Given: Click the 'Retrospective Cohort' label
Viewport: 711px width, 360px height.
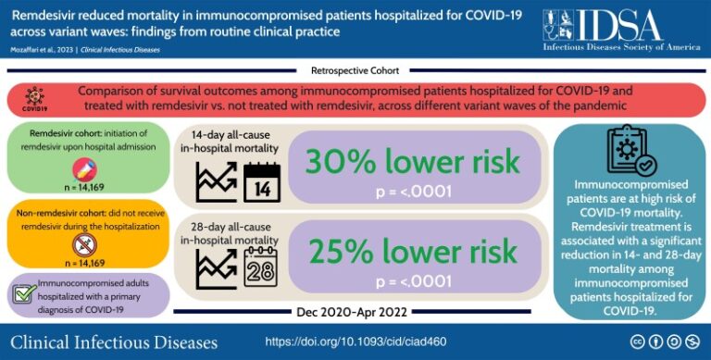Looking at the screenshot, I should click(x=355, y=70).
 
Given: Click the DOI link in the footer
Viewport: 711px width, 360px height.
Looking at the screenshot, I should click(x=355, y=341).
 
